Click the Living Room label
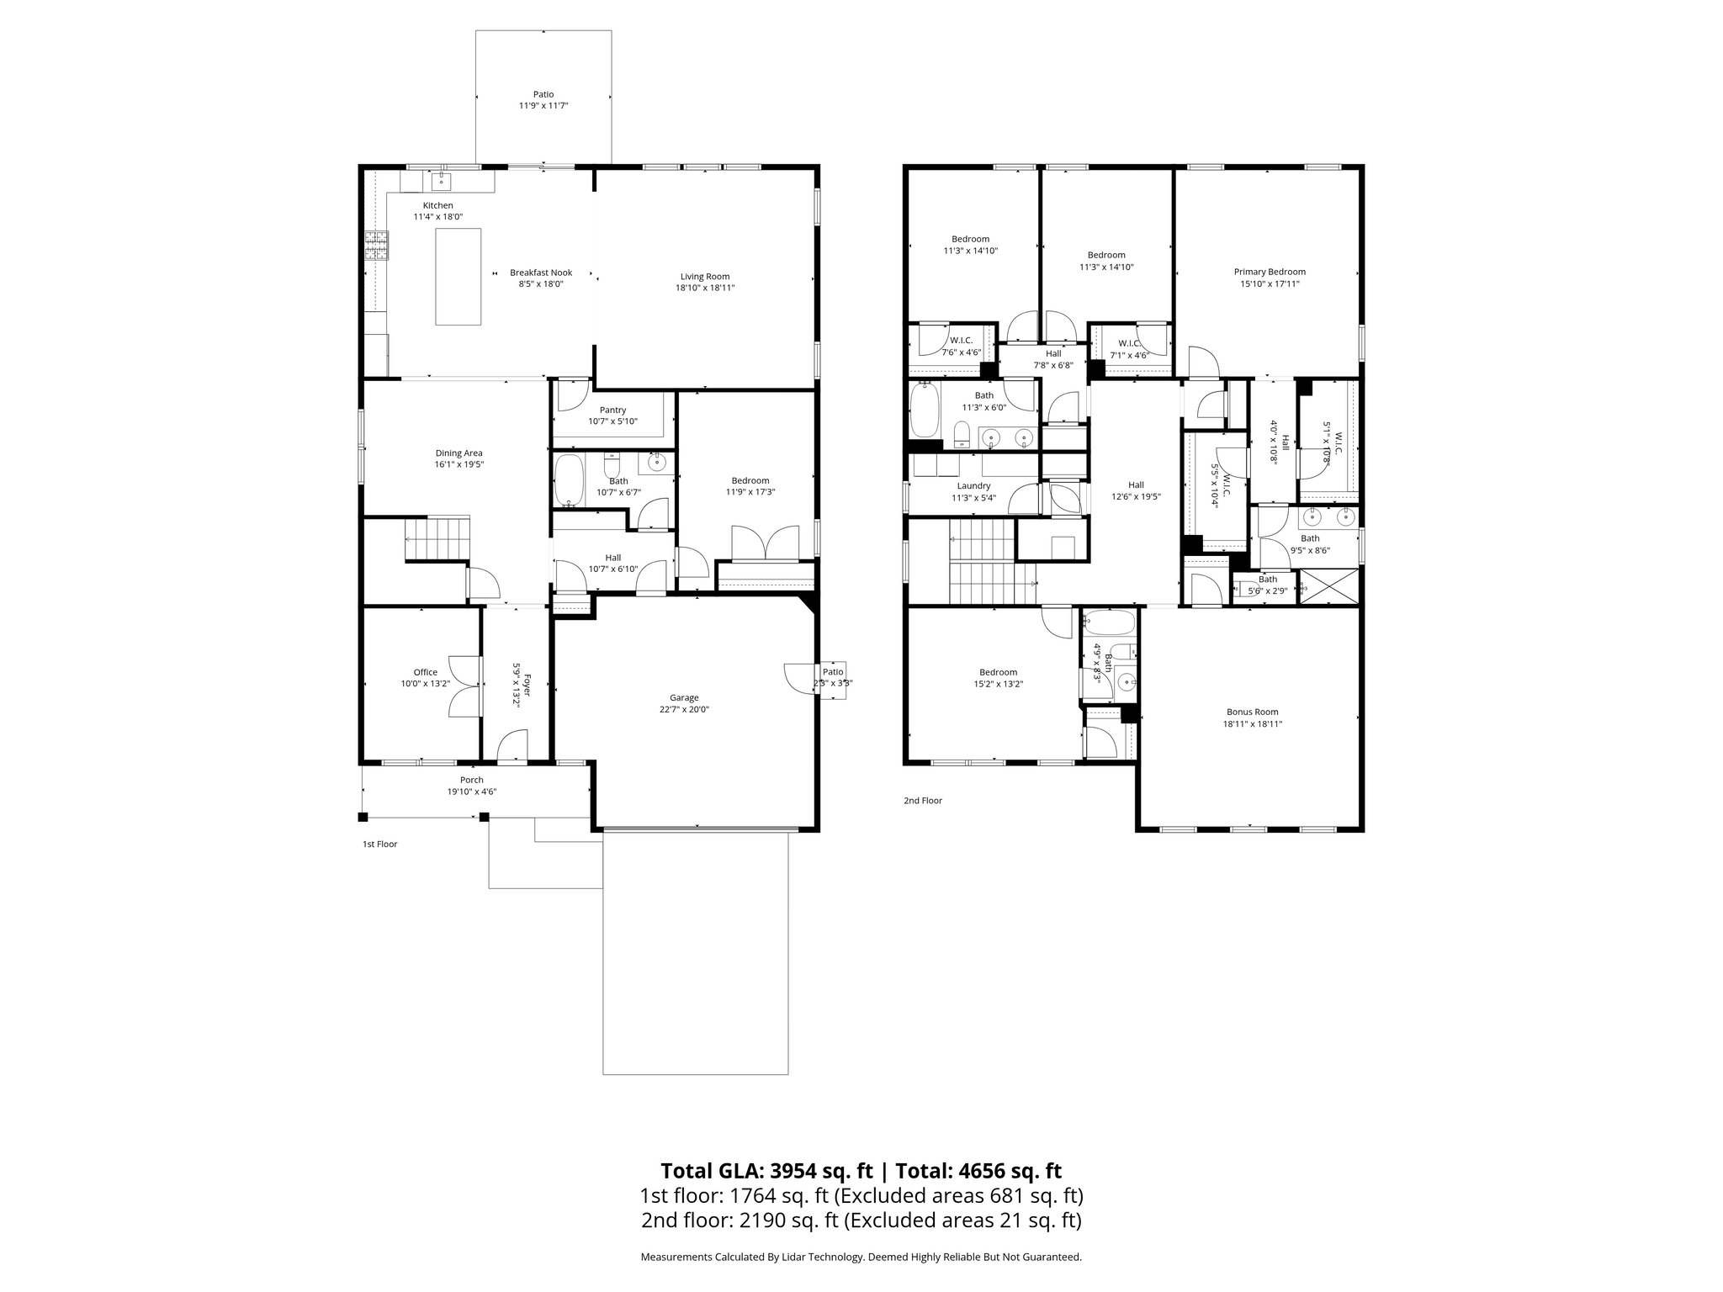[704, 276]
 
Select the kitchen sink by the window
[442, 180]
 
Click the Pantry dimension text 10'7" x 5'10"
[612, 421]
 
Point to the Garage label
[684, 697]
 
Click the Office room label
[425, 672]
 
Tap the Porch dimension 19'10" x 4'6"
[471, 792]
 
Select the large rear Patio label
[543, 94]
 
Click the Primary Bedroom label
[1270, 272]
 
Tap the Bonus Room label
[1252, 712]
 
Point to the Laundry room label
[973, 485]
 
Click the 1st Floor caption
[379, 844]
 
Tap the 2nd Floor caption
[923, 801]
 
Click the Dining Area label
[459, 453]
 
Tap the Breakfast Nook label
[541, 273]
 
